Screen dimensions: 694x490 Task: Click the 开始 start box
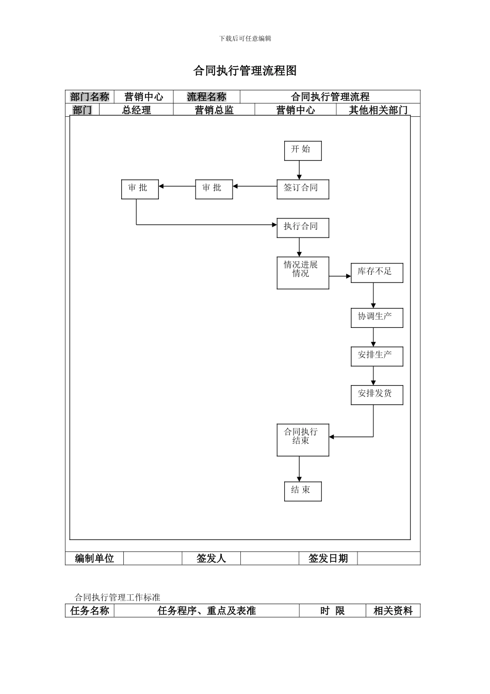pyautogui.click(x=303, y=150)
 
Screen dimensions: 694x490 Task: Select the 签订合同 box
pyautogui.click(x=303, y=189)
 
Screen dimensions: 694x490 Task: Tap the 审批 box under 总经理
pyautogui.click(x=139, y=189)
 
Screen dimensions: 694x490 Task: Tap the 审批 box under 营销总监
pyautogui.click(x=214, y=189)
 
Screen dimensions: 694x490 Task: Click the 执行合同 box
pyautogui.click(x=303, y=227)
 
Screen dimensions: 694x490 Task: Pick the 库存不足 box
pyautogui.click(x=377, y=273)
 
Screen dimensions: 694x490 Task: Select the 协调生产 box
pyautogui.click(x=377, y=318)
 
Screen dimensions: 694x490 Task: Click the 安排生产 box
pyautogui.click(x=377, y=356)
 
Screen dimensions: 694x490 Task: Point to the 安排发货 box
pyautogui.click(x=377, y=395)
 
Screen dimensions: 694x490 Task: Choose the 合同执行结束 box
pyautogui.click(x=303, y=440)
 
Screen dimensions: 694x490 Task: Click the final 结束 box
pyautogui.click(x=303, y=491)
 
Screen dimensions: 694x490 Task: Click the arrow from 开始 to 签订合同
pyautogui.click(x=299, y=170)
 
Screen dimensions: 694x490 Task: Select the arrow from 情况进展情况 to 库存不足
pyautogui.click(x=340, y=276)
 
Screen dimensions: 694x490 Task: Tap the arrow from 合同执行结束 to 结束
pyautogui.click(x=299, y=469)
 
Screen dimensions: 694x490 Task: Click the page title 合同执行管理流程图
pyautogui.click(x=245, y=71)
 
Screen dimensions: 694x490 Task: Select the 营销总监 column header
pyautogui.click(x=214, y=110)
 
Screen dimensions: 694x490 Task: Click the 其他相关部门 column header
pyautogui.click(x=378, y=110)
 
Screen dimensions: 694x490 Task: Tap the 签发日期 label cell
pyautogui.click(x=328, y=558)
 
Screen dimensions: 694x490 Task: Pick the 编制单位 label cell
pyautogui.click(x=94, y=558)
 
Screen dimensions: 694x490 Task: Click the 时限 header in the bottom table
pyautogui.click(x=332, y=611)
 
